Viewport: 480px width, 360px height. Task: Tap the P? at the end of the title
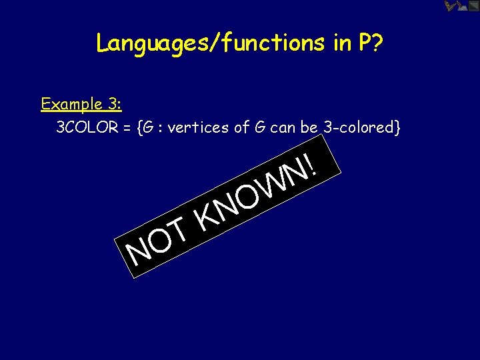tap(370, 43)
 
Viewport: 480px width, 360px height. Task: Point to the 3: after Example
tap(113, 105)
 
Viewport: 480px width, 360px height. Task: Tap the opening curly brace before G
tap(139, 128)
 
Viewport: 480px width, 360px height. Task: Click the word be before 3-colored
tap(309, 128)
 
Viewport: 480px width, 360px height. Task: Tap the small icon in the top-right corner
tap(460, 7)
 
